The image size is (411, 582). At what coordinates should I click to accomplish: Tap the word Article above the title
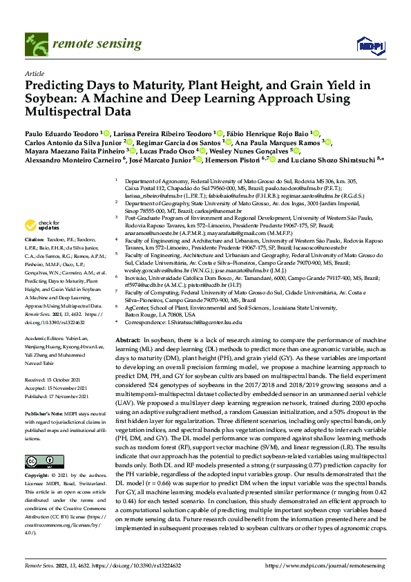click(x=34, y=73)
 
